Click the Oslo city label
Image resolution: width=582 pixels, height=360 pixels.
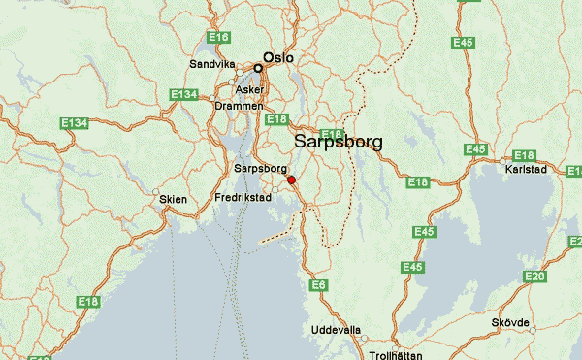click(278, 58)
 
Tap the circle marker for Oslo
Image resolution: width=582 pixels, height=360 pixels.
click(258, 68)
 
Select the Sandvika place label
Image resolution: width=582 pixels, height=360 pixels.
click(212, 65)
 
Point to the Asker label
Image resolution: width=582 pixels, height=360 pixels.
click(249, 89)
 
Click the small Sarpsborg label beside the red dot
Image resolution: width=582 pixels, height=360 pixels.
click(260, 169)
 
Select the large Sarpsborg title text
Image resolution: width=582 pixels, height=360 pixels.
click(338, 142)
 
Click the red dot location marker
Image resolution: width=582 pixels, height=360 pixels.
click(291, 179)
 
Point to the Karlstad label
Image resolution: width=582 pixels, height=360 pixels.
click(527, 169)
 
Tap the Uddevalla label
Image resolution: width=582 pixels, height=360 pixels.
click(336, 330)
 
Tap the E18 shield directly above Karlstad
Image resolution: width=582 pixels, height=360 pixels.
click(524, 155)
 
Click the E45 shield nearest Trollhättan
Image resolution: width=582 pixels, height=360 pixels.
click(413, 267)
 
